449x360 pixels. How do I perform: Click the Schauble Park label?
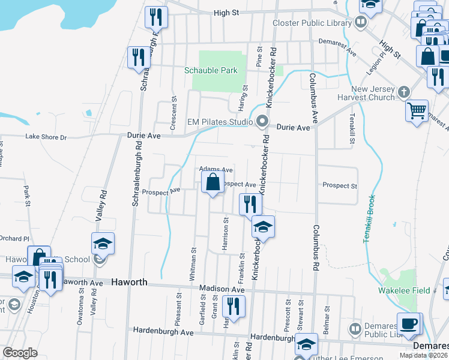point(211,70)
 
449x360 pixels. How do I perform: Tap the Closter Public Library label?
point(312,23)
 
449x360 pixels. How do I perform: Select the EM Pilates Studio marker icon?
point(262,122)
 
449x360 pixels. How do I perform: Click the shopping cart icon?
point(417,110)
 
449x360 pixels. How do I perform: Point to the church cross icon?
point(404,92)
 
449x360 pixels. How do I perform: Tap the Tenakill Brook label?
point(369,218)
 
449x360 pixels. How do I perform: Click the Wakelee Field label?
point(404,290)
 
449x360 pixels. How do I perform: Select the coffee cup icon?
point(409,324)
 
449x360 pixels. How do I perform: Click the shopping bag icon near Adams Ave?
point(213,182)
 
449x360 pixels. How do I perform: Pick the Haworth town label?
point(129,281)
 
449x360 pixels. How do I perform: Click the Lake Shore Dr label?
point(46,137)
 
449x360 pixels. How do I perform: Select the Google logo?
point(20,353)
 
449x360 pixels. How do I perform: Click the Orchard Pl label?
point(13,238)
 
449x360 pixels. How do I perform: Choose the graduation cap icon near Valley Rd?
point(103,244)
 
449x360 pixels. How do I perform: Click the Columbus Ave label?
point(313,96)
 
